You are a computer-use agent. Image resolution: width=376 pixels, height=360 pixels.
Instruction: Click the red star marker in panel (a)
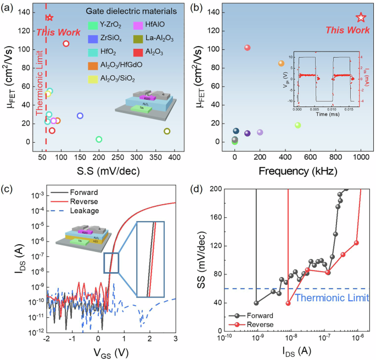tap(49, 18)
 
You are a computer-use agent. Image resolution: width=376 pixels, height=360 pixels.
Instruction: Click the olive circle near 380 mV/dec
tap(167, 131)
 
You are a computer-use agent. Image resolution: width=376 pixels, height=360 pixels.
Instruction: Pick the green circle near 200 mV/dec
tap(99, 139)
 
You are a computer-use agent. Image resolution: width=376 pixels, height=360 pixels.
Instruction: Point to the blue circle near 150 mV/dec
tap(80, 116)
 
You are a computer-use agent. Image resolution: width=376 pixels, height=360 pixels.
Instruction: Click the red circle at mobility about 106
tap(66, 43)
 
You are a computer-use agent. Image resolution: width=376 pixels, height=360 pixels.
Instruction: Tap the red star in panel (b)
tap(361, 18)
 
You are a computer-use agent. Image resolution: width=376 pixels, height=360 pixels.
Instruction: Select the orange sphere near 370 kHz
tap(282, 63)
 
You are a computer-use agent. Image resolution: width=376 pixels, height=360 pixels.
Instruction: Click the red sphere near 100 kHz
tap(248, 48)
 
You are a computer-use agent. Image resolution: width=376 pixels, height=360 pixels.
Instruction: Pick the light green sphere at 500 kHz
tap(298, 125)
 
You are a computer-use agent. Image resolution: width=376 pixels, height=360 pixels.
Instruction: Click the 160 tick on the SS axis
tap(214, 217)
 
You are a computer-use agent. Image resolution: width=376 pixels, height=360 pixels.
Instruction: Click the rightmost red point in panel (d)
tap(356, 243)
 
